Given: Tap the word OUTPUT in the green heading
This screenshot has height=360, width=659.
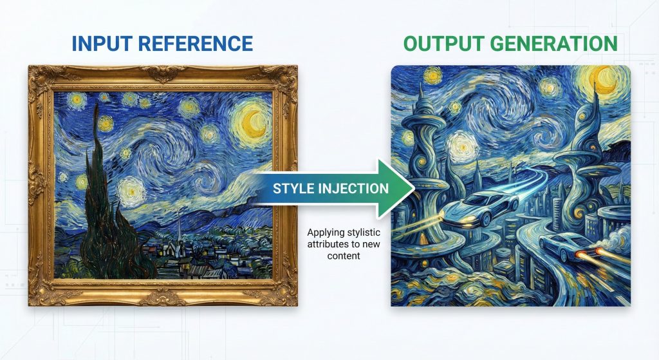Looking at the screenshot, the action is pyautogui.click(x=444, y=44).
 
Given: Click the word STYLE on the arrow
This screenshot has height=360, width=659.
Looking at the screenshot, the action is pyautogui.click(x=294, y=188).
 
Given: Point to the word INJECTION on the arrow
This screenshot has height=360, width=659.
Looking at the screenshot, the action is pyautogui.click(x=355, y=188).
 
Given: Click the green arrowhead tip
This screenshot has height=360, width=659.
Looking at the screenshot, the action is pyautogui.click(x=414, y=189).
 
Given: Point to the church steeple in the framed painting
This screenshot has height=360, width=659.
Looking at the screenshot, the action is pyautogui.click(x=179, y=231).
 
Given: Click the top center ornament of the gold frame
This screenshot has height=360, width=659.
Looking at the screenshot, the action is pyautogui.click(x=163, y=73).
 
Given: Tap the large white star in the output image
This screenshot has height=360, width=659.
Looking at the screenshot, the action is pyautogui.click(x=461, y=146).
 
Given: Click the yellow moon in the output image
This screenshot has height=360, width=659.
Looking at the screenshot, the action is pyautogui.click(x=606, y=81).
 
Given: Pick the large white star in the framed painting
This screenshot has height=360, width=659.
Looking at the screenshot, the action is pyautogui.click(x=131, y=191).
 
